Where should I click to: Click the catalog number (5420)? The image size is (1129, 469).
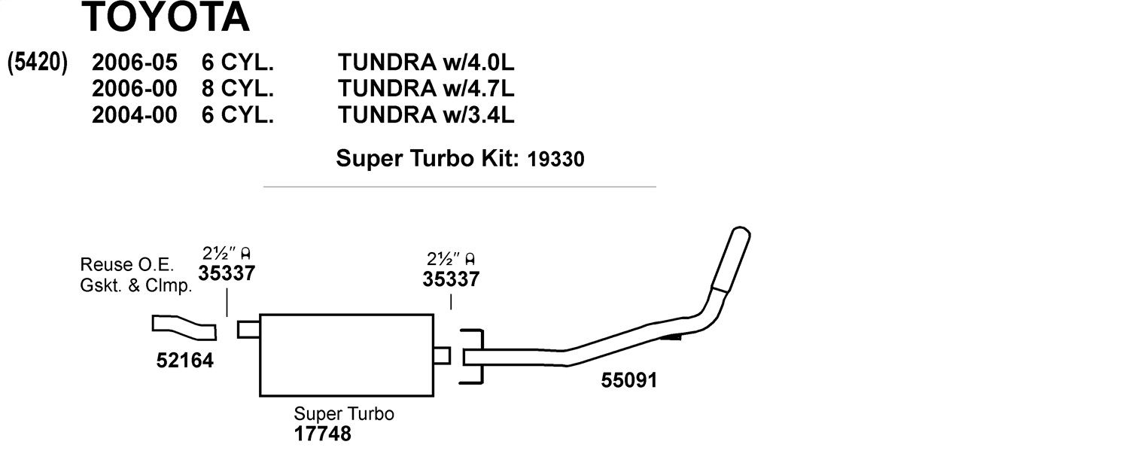pos(38,62)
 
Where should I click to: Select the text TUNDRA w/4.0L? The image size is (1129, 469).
pos(426,62)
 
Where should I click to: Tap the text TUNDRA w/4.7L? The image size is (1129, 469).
pos(426,89)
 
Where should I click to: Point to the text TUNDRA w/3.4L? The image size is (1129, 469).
pos(426,115)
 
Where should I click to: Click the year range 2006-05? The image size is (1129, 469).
pos(135,62)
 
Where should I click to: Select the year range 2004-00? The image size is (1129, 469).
pos(135,115)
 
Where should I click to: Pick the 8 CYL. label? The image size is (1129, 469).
pos(237,89)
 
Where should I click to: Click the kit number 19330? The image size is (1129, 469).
pos(556,160)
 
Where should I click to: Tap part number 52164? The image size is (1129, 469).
pos(185,361)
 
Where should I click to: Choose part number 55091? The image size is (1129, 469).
pos(629,380)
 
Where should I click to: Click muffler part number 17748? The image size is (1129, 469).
pos(323,434)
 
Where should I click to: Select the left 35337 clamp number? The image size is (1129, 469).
pos(227,273)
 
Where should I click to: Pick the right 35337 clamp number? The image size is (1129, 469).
pos(451,279)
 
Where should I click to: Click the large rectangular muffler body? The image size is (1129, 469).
pos(347,355)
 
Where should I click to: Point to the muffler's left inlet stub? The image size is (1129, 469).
pos(248,330)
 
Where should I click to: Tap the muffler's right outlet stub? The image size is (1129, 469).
pos(442,355)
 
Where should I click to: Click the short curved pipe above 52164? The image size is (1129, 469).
pos(184,327)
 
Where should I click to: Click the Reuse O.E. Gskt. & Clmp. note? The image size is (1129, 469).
pos(136,275)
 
